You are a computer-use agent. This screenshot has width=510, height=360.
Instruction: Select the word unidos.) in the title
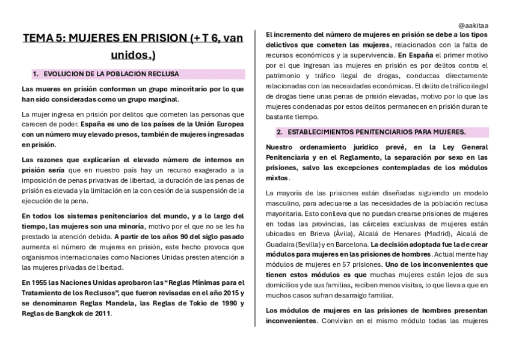tap(133, 55)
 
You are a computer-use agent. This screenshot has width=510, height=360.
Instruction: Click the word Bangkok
tap(66, 313)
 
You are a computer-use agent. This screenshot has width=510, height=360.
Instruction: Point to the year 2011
tap(99, 313)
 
